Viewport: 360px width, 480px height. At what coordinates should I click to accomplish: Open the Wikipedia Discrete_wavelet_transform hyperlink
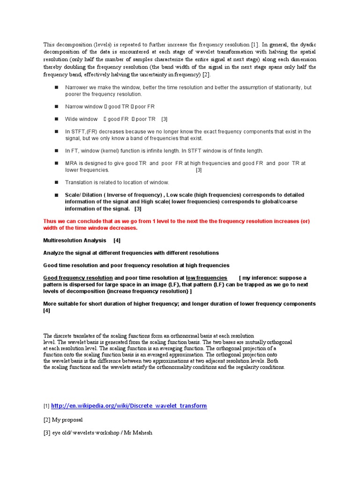(x=128, y=405)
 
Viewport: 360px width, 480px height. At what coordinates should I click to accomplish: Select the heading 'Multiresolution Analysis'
(x=75, y=240)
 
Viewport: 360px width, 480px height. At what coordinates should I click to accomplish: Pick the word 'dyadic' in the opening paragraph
(x=306, y=45)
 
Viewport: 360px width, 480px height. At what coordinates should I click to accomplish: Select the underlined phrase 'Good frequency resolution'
(x=78, y=278)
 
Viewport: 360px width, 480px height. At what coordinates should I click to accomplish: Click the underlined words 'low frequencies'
(x=206, y=278)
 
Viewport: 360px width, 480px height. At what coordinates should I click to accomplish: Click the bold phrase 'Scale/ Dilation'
(x=84, y=195)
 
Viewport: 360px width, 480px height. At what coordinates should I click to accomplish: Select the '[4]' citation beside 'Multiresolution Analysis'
(x=117, y=240)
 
